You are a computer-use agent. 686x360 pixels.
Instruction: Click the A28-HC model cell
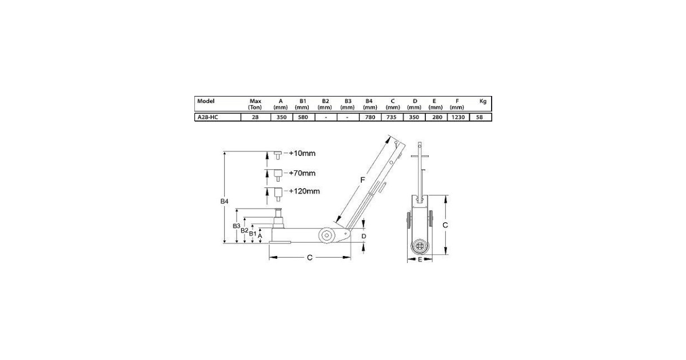click(208, 117)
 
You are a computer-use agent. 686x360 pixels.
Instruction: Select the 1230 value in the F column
click(458, 117)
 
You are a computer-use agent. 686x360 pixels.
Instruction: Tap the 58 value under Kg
click(479, 117)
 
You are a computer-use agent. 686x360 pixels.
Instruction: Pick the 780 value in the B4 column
click(370, 117)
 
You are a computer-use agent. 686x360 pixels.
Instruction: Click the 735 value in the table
click(392, 117)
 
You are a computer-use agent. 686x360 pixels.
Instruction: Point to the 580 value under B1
click(303, 117)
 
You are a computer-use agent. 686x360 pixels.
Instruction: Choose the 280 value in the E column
click(437, 117)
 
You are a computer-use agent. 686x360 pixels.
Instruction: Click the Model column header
click(206, 101)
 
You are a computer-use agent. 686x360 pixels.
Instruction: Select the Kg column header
click(483, 101)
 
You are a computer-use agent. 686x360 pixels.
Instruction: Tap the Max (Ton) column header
click(255, 104)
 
